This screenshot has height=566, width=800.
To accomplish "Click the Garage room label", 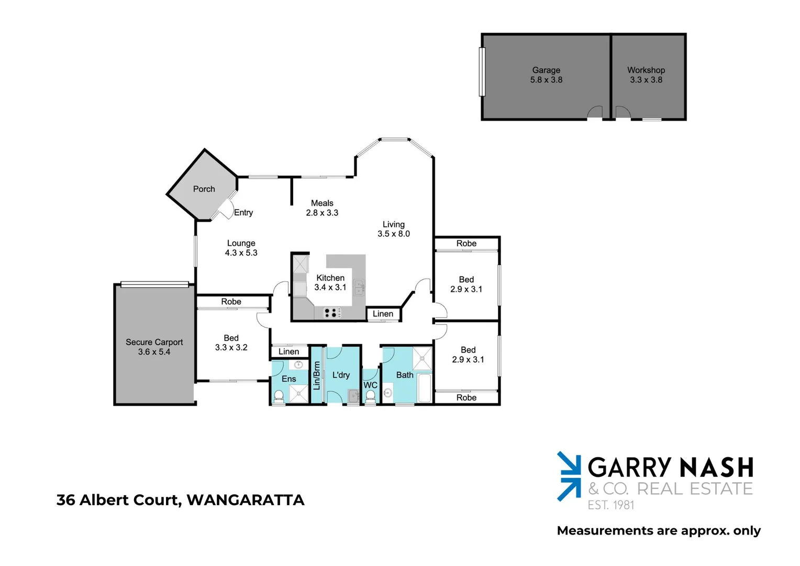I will coord(546,70).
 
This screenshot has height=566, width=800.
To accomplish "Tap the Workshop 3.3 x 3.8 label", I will coord(646,75).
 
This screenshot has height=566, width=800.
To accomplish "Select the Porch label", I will coord(204,189).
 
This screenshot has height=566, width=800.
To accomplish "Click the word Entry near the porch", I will coord(243,213).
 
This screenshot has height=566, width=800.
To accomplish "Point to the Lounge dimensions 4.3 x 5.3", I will coord(241,253).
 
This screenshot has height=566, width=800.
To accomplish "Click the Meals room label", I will coord(322,203).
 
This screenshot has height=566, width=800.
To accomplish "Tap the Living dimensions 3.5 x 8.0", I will coord(394,234).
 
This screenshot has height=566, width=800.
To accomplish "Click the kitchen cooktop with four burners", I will coord(331,313).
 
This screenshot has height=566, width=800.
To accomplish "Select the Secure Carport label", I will coord(154,342).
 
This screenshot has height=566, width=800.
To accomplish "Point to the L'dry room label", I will coord(341,375).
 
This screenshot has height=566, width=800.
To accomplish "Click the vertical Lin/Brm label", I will coord(317,375).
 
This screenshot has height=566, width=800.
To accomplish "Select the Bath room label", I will coord(405,375).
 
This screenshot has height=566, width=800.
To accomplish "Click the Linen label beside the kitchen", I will coord(383,314).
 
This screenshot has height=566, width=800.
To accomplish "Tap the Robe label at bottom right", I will coord(466,398).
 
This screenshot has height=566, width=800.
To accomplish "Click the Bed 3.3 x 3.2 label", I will coord(231,343).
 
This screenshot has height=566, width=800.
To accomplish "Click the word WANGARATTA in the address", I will coord(246,500).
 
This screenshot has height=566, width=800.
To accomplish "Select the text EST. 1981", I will coord(610,505).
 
